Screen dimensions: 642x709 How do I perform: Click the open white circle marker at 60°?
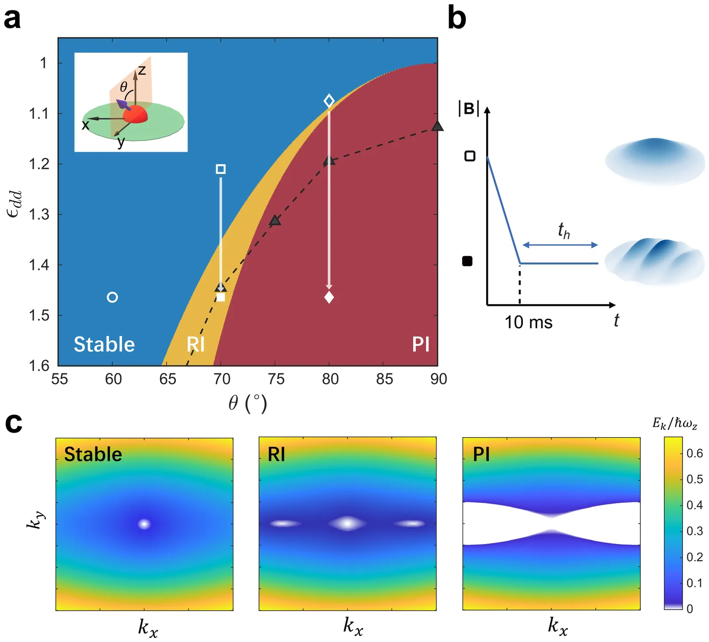(113, 297)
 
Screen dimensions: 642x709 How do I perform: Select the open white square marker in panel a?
(221, 169)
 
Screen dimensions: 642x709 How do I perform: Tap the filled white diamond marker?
(329, 297)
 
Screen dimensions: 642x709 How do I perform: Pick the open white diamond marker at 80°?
(329, 101)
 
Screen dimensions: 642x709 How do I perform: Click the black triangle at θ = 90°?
(437, 126)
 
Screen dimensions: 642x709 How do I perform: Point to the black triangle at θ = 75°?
(275, 220)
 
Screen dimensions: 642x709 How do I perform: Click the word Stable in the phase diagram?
(104, 344)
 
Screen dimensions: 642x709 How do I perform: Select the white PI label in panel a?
(421, 344)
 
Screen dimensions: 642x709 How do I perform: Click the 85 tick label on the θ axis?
(384, 379)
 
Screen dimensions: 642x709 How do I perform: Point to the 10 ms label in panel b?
(528, 322)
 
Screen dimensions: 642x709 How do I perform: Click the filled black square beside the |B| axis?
(467, 261)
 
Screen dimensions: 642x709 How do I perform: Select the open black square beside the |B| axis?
(470, 156)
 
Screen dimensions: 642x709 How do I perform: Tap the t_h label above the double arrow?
(563, 231)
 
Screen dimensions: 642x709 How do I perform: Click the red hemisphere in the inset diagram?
(135, 114)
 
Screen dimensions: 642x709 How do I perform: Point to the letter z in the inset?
(142, 70)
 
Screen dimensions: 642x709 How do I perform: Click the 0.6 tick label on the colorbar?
(694, 453)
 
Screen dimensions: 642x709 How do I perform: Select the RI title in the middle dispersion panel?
(277, 454)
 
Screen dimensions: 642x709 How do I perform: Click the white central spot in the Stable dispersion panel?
(144, 524)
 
